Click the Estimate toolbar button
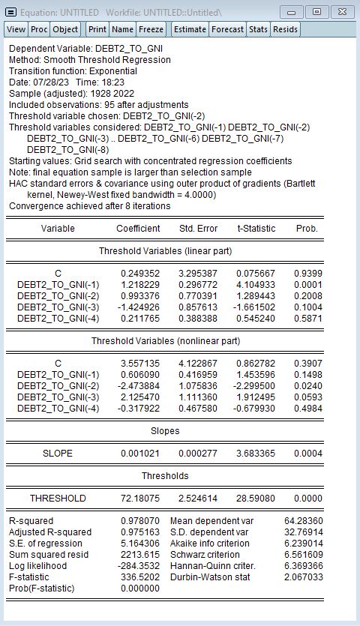coord(190,29)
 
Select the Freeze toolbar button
coord(151,29)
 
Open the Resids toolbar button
coord(285,29)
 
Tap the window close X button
coord(341,12)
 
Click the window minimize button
coord(292,12)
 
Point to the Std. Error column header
coord(199,228)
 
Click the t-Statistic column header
coord(256,228)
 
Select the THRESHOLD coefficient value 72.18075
coord(140,499)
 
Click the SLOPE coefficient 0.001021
coord(140,454)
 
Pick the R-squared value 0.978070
coord(140,521)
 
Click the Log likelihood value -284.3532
coord(139,566)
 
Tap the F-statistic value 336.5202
coord(140,577)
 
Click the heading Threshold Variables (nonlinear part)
coord(166,341)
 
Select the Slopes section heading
coord(166,431)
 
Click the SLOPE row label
coord(58,454)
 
